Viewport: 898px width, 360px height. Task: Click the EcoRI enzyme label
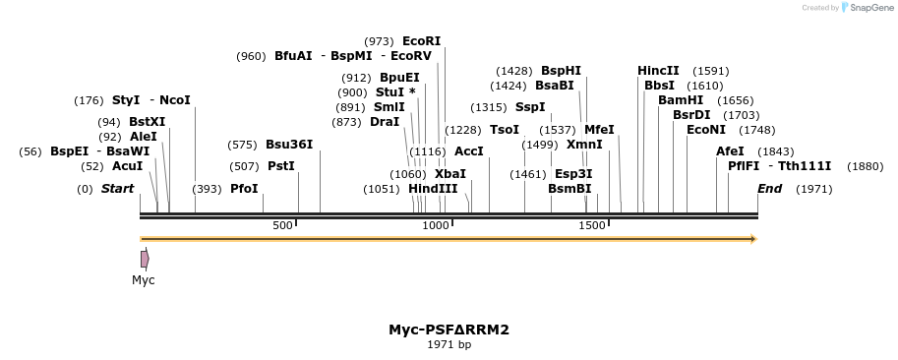pyautogui.click(x=421, y=41)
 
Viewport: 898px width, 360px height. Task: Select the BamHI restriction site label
pyautogui.click(x=681, y=100)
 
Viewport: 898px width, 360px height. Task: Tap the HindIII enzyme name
pyautogui.click(x=433, y=189)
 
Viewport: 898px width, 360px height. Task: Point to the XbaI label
pyautogui.click(x=450, y=174)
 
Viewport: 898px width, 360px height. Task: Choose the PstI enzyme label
pyautogui.click(x=281, y=166)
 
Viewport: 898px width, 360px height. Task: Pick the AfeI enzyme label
pyautogui.click(x=730, y=151)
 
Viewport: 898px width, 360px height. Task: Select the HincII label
pyautogui.click(x=658, y=71)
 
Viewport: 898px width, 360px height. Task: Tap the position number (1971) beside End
pyautogui.click(x=813, y=189)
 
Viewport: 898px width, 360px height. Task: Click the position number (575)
pyautogui.click(x=241, y=145)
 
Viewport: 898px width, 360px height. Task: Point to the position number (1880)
pyautogui.click(x=865, y=166)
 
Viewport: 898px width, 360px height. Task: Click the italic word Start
pyautogui.click(x=117, y=189)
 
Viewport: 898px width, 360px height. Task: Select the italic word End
pyautogui.click(x=770, y=189)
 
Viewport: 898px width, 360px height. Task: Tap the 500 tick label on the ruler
pyautogui.click(x=282, y=226)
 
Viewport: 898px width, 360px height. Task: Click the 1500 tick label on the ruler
pyautogui.click(x=591, y=226)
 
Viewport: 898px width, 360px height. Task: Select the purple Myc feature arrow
pyautogui.click(x=145, y=259)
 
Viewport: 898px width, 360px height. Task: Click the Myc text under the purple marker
pyautogui.click(x=144, y=280)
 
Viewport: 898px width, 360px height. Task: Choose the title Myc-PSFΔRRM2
pyautogui.click(x=449, y=330)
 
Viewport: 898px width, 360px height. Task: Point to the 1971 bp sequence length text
pyautogui.click(x=449, y=345)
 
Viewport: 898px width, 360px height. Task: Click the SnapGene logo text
pyautogui.click(x=869, y=7)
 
